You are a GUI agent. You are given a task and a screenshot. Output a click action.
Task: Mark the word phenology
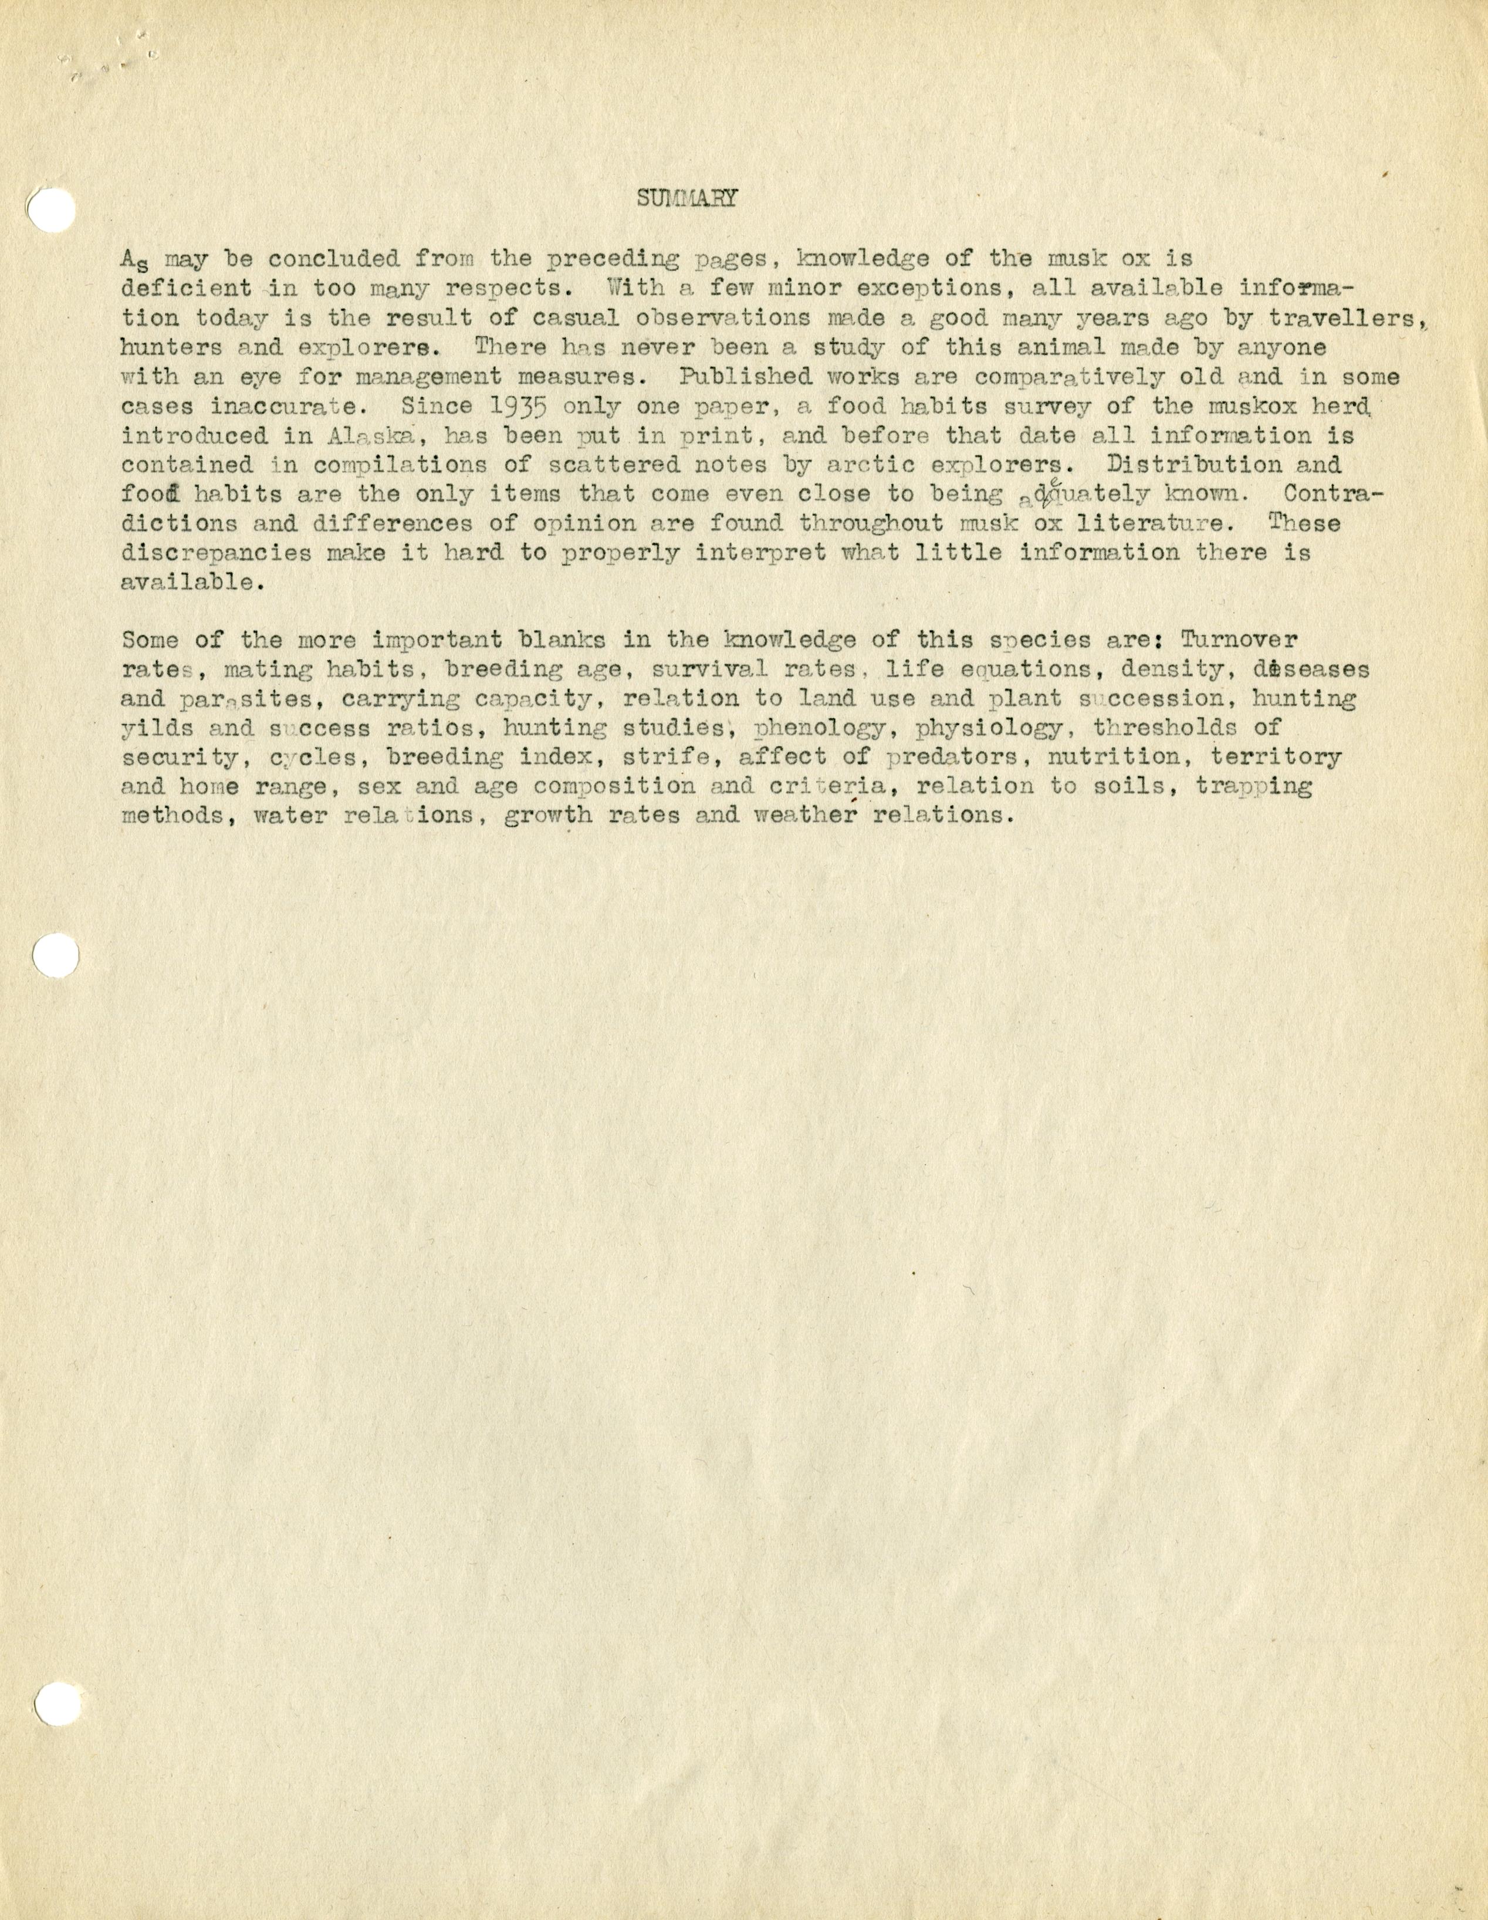[x=820, y=728]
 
